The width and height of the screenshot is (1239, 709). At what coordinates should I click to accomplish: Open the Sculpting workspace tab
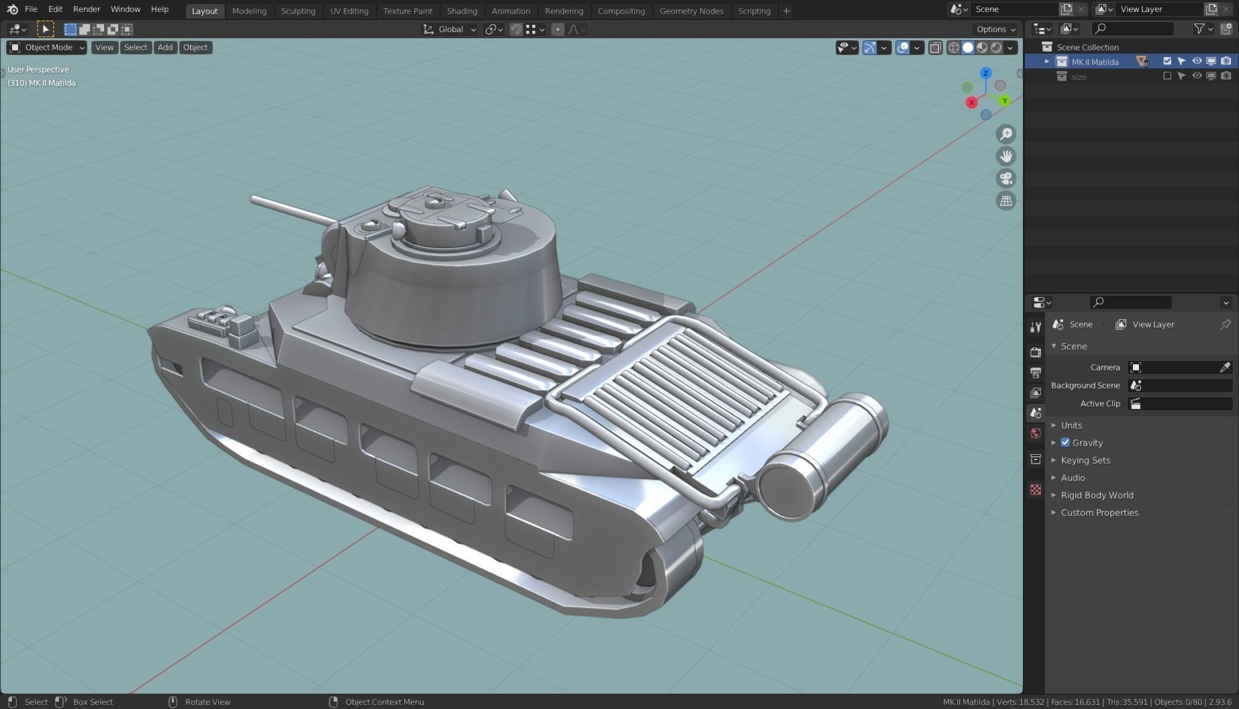(x=298, y=11)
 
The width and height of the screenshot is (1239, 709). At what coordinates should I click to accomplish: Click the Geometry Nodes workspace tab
(x=691, y=11)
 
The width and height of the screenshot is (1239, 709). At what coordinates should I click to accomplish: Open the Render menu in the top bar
(x=87, y=9)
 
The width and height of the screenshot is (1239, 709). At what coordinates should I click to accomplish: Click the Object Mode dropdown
(x=47, y=48)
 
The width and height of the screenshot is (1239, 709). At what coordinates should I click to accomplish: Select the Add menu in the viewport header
(x=164, y=48)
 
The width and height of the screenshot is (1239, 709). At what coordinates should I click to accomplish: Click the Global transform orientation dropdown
(x=450, y=30)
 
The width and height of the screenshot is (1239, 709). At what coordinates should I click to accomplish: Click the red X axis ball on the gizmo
(x=971, y=103)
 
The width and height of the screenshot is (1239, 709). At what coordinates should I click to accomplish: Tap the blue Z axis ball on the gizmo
(x=985, y=73)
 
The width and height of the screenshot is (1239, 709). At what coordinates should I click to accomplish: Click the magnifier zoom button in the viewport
(x=1005, y=134)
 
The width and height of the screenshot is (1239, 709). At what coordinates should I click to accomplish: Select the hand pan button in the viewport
(x=1005, y=156)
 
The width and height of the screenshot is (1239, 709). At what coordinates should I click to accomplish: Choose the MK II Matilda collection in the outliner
(x=1095, y=62)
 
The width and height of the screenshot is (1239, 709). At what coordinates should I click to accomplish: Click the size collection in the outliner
(x=1079, y=76)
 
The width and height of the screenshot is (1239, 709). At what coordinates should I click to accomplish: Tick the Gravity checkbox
(x=1065, y=443)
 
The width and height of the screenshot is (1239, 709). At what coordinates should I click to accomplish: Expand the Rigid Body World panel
(x=1097, y=495)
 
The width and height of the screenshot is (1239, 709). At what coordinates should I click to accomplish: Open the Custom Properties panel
(x=1099, y=512)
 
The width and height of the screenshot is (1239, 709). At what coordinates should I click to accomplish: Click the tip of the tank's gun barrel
(x=254, y=199)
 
